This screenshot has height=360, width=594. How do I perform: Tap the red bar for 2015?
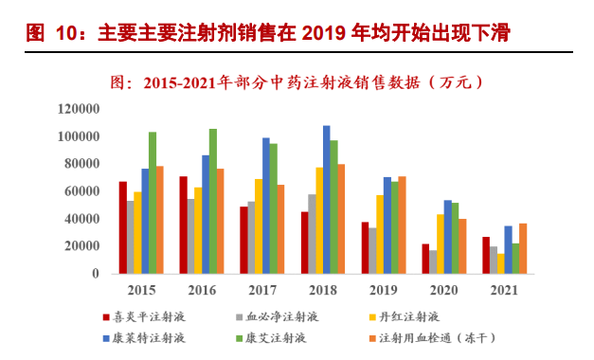[x=123, y=227]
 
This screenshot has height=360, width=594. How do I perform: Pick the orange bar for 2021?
[x=522, y=248]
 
